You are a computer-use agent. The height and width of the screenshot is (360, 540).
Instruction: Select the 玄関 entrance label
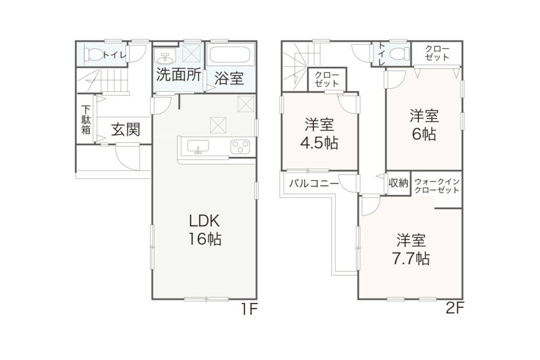[125, 130]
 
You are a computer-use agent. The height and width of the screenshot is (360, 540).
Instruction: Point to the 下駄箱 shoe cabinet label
[86, 120]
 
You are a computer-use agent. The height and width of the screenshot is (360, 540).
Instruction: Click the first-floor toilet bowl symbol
[93, 53]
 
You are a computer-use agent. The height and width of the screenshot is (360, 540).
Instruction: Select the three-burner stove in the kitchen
[240, 147]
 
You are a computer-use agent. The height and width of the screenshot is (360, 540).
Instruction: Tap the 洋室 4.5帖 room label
[319, 133]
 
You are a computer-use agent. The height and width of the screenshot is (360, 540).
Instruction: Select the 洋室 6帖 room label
[424, 125]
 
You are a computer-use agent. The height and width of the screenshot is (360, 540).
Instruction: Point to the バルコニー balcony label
[313, 184]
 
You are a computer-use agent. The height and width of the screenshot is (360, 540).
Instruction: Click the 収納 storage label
[398, 182]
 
